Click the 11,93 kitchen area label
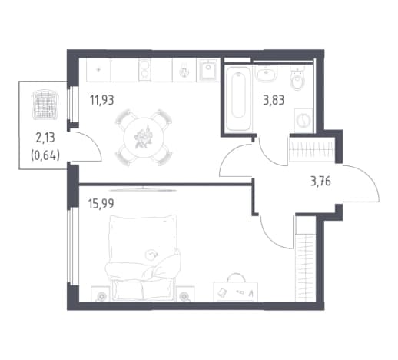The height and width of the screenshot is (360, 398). click(x=101, y=100)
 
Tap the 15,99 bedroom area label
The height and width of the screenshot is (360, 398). click(x=101, y=204)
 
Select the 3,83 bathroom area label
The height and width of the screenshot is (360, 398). click(x=274, y=100)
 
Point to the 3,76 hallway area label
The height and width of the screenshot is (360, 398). click(x=320, y=182)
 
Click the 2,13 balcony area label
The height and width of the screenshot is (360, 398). click(x=45, y=138)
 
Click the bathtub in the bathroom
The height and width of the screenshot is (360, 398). click(x=238, y=98)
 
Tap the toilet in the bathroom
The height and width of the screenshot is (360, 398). click(x=297, y=78)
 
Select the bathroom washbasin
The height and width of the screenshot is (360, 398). click(x=267, y=73)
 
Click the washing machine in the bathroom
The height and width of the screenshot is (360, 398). click(x=303, y=121)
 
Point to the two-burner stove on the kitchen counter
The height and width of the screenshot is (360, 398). click(x=144, y=70)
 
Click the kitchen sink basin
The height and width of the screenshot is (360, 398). click(x=208, y=70)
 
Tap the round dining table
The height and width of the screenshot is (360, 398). click(x=144, y=138)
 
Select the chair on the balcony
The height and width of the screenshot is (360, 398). click(x=45, y=105)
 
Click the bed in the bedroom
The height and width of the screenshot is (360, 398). click(x=143, y=258)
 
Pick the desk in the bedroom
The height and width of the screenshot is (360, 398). click(x=236, y=291)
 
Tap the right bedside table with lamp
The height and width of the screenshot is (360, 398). click(x=185, y=294)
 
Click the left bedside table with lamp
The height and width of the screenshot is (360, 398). click(x=101, y=294)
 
